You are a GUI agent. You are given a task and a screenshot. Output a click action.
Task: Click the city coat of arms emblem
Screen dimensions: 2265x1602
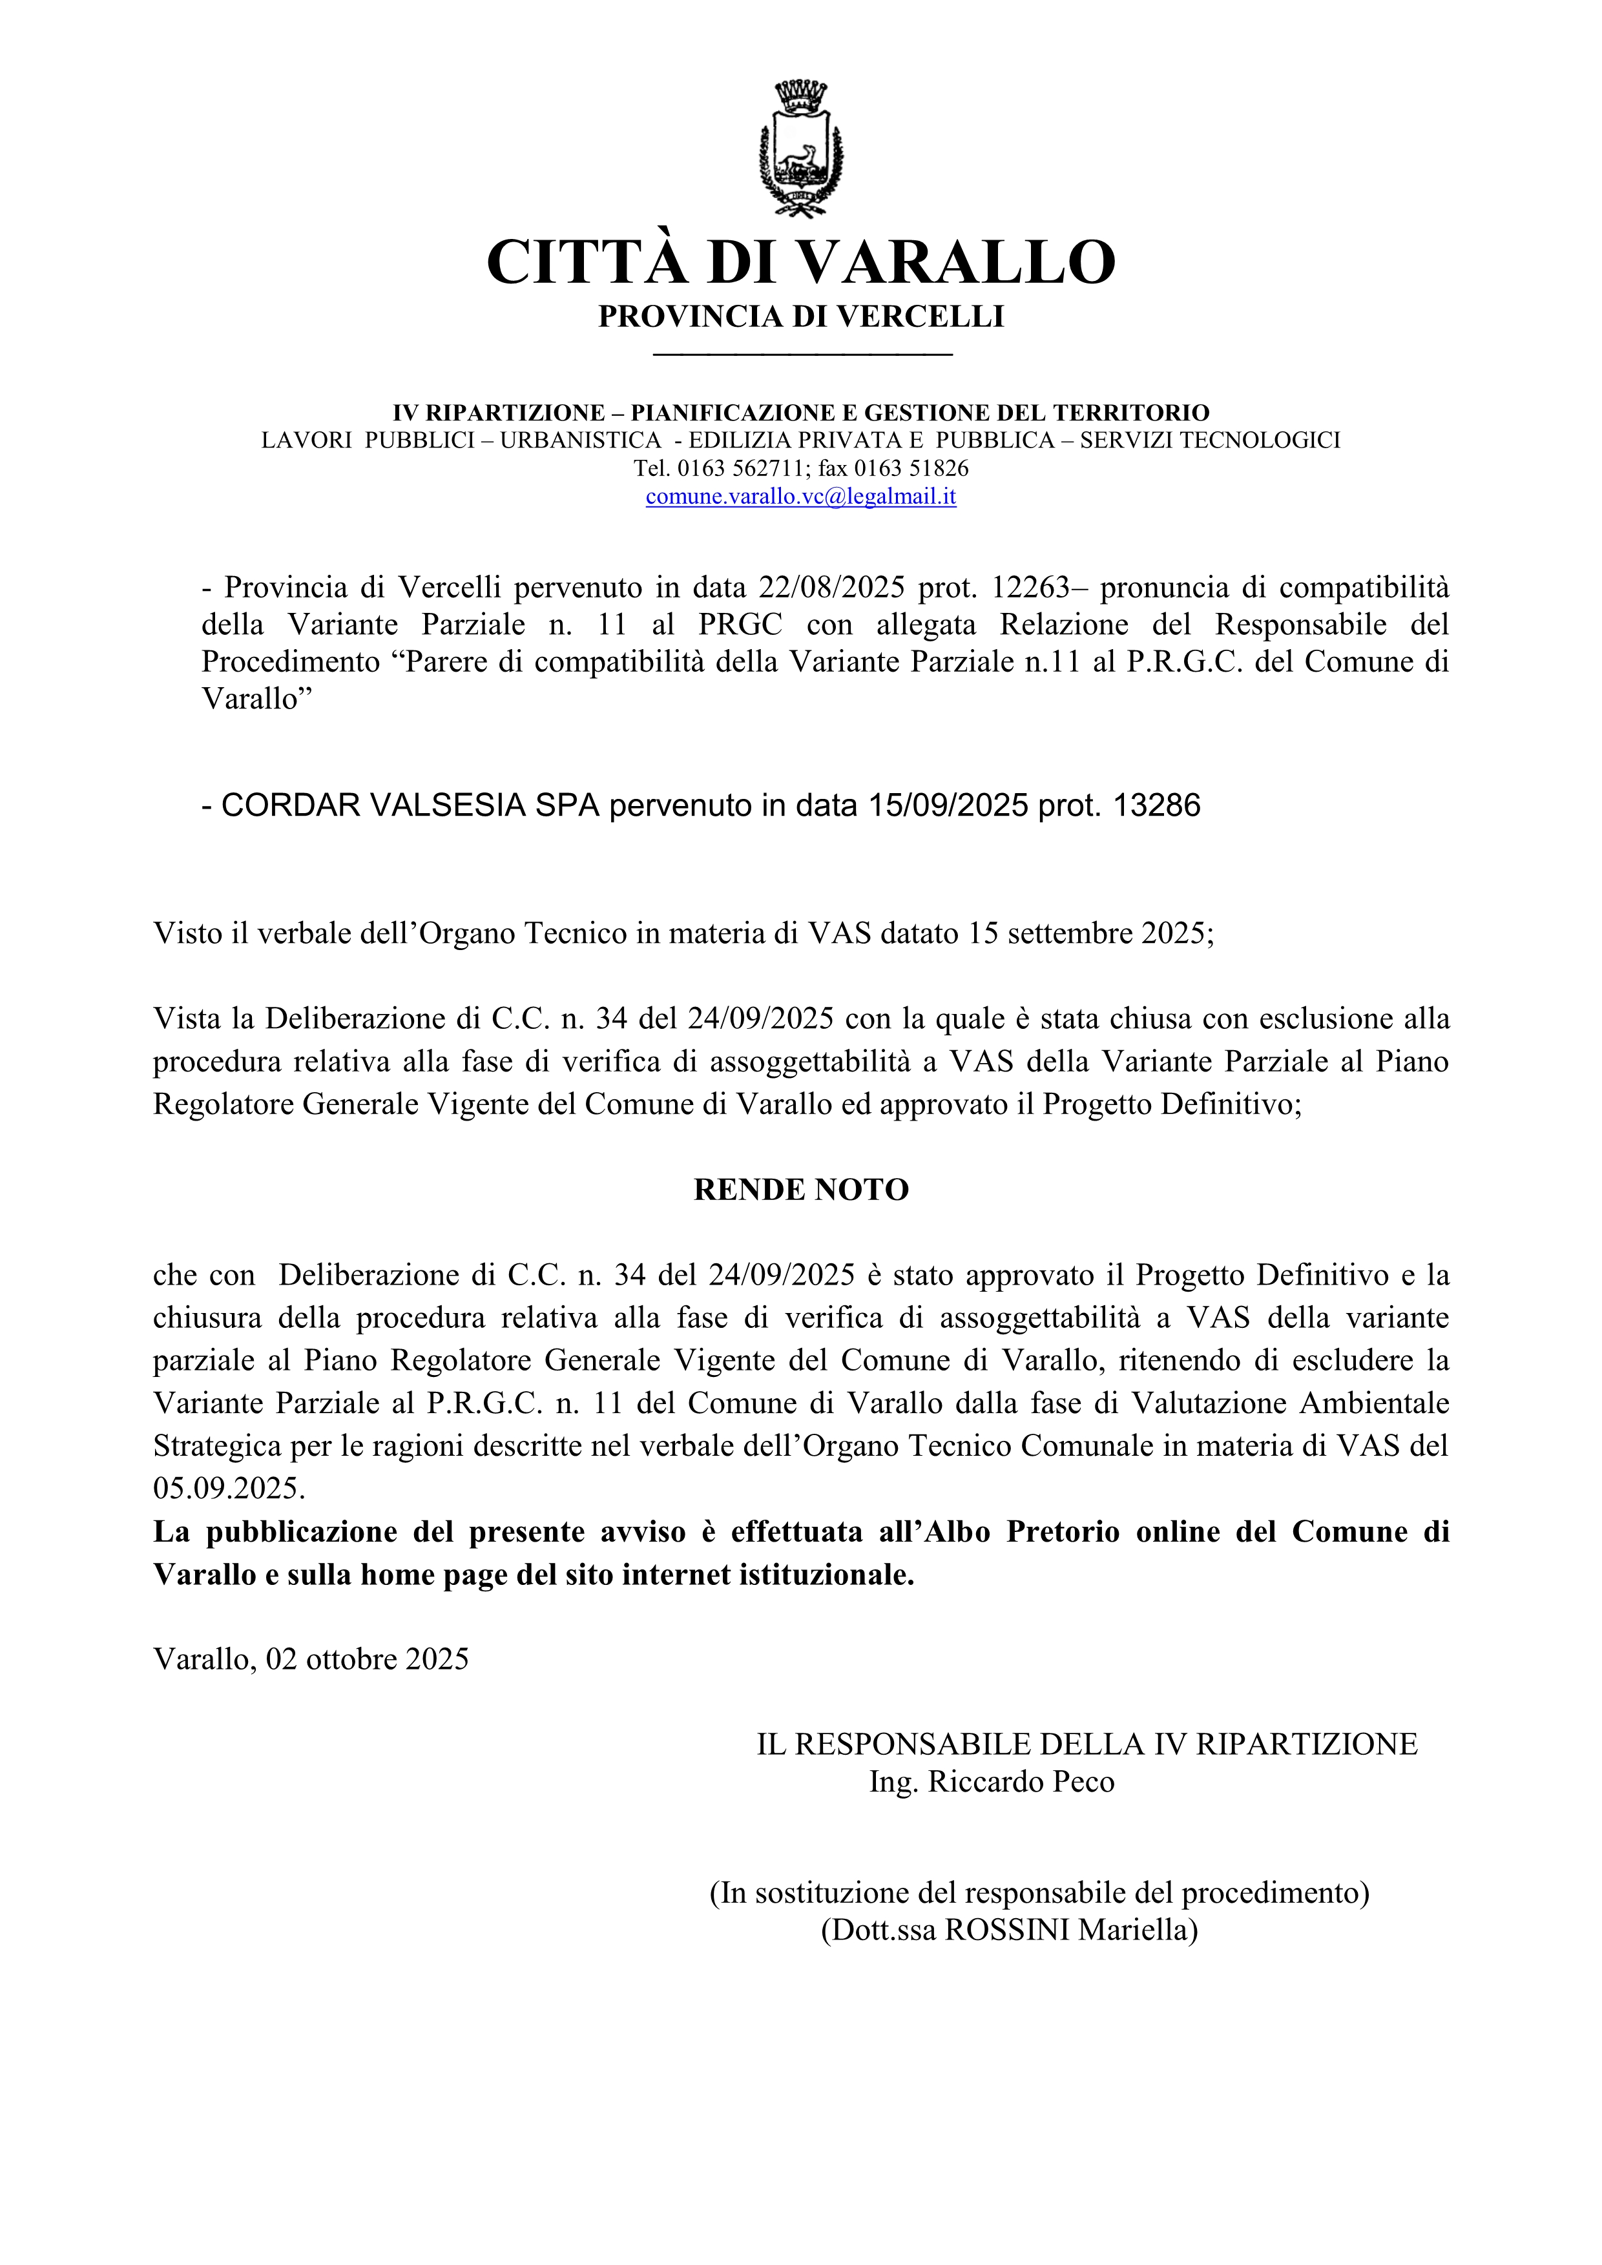click(x=801, y=148)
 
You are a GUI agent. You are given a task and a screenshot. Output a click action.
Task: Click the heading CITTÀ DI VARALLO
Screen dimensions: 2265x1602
click(x=801, y=262)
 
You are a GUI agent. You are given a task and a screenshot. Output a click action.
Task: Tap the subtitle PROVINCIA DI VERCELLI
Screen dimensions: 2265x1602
click(x=801, y=316)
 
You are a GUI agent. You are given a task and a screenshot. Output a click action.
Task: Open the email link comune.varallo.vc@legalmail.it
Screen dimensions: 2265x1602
click(x=801, y=496)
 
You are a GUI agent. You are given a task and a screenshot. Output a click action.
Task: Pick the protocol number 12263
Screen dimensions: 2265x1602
click(x=1031, y=588)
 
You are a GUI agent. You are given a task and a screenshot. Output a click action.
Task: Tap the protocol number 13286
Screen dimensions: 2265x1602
click(x=1157, y=806)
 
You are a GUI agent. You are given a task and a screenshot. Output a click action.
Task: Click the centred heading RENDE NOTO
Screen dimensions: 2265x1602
click(x=801, y=1190)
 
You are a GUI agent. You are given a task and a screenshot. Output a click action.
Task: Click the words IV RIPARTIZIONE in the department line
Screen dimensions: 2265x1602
click(x=499, y=412)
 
